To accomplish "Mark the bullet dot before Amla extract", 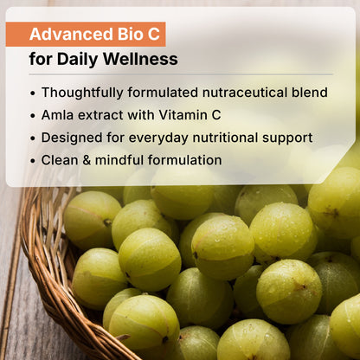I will point(33,115).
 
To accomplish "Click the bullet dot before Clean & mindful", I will point(33,161).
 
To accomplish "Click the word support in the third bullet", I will point(289,138).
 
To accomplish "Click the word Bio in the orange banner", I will point(122,35).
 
